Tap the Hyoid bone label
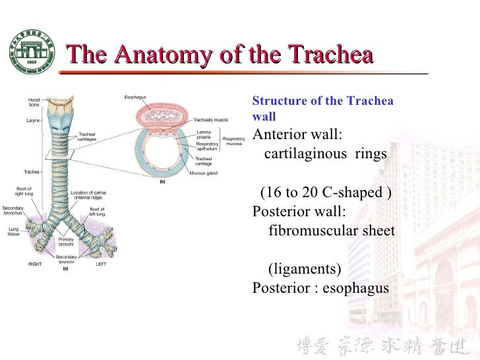click(x=34, y=102)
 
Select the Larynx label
click(x=33, y=121)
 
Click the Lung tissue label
click(x=13, y=231)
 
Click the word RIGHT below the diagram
click(x=35, y=264)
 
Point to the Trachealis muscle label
click(x=210, y=121)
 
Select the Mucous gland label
click(x=203, y=173)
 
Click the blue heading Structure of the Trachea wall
click(x=322, y=108)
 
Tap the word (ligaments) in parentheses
click(x=305, y=269)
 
